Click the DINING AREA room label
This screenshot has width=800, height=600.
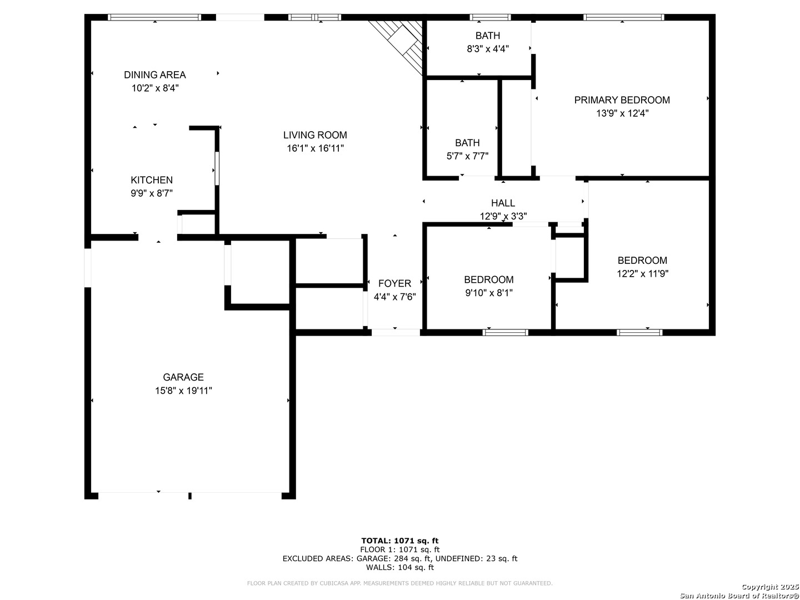point(155,75)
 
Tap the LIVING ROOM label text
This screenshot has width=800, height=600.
point(315,135)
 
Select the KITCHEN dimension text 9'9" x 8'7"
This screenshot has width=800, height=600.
point(152,193)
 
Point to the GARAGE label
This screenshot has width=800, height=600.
point(183,377)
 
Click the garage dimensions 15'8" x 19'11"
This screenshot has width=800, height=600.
point(183,391)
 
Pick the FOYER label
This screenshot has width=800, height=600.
point(394,283)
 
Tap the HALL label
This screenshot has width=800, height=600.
point(503,203)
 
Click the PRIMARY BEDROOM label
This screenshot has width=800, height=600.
point(622,100)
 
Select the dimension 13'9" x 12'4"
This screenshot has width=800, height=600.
point(622,113)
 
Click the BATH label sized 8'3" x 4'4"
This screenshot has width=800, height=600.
point(487,36)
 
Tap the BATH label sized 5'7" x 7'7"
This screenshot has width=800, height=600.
point(467,143)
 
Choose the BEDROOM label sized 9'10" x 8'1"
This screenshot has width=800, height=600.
point(488,280)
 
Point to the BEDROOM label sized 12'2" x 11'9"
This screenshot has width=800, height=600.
point(642,261)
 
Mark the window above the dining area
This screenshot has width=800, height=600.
point(154,17)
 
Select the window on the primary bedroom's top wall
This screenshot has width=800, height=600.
point(623,17)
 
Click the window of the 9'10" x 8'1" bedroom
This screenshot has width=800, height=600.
point(505,332)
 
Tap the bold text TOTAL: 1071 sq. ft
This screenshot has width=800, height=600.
point(400,541)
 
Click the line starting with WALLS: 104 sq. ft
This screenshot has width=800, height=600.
point(400,567)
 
